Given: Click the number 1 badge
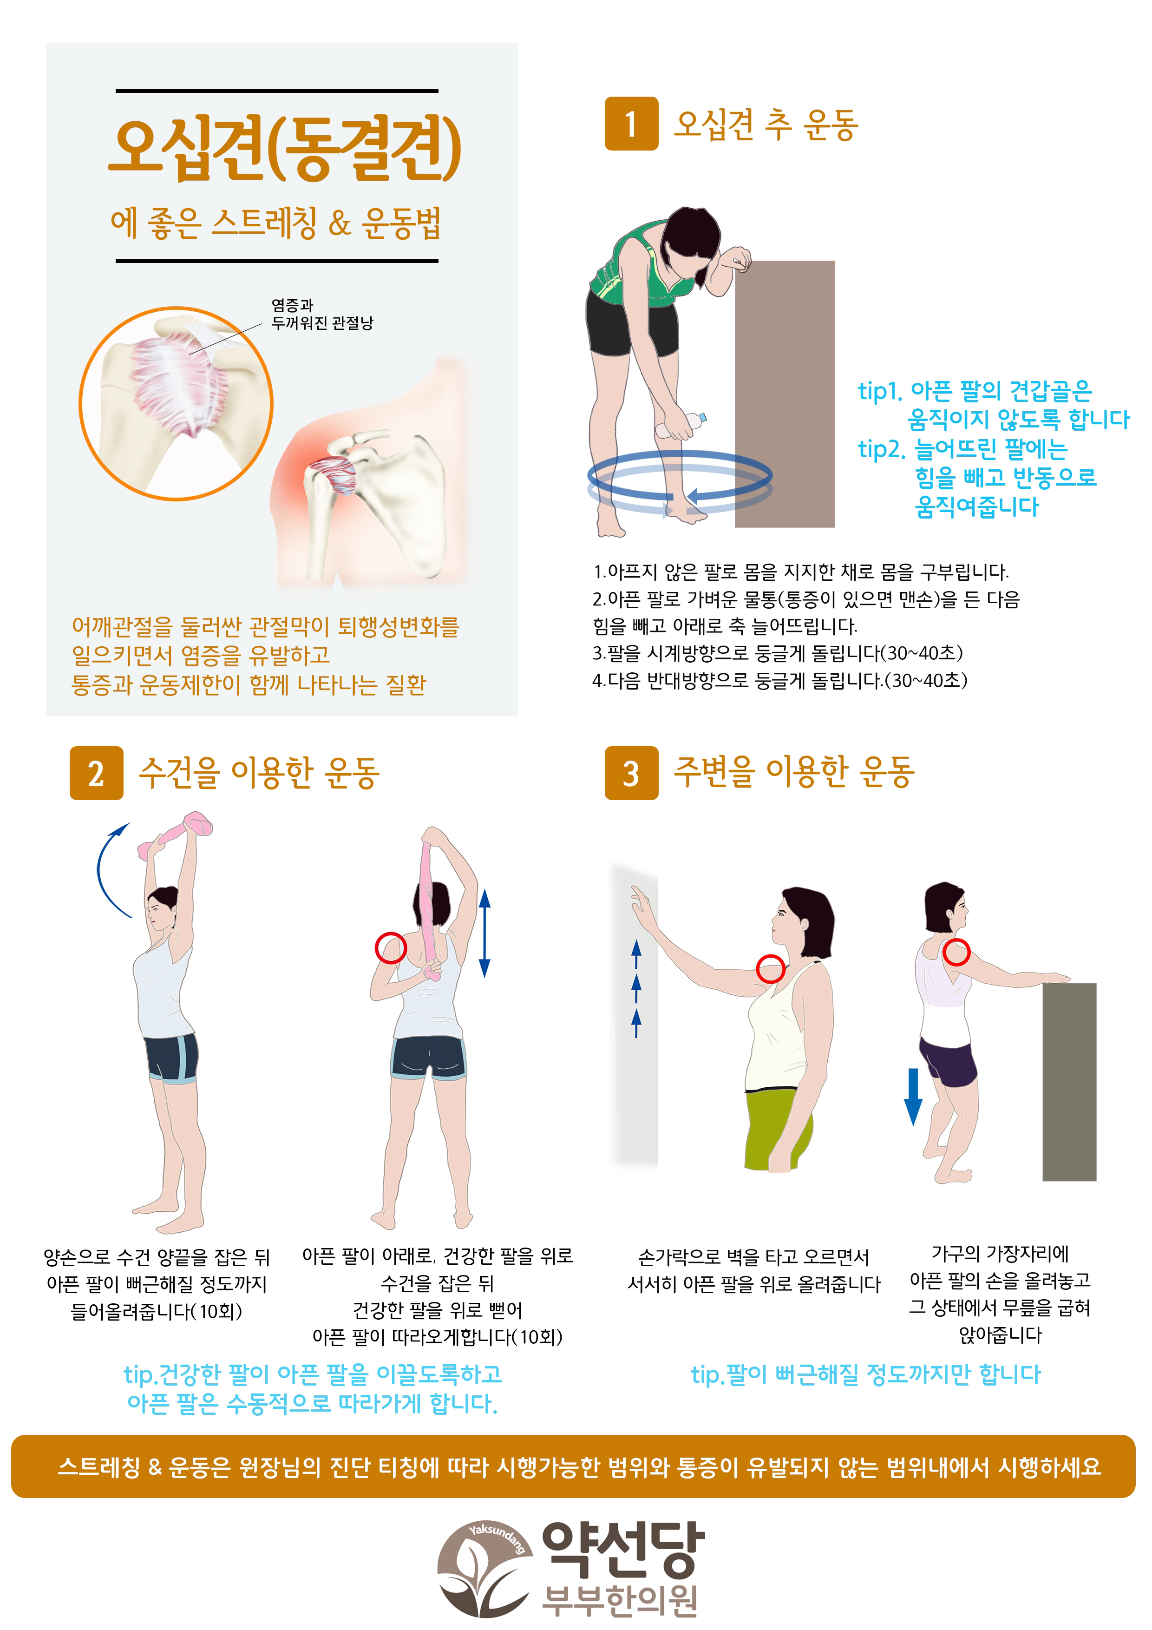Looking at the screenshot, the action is pyautogui.click(x=631, y=124).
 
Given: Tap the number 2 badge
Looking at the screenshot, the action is pyautogui.click(x=97, y=773).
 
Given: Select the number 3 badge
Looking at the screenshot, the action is pyautogui.click(x=631, y=773).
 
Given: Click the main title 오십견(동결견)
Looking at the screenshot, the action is pyautogui.click(x=285, y=148).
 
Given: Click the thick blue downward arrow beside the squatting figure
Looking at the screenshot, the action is pyautogui.click(x=913, y=1096).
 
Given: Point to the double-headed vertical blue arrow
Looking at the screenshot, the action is pyautogui.click(x=485, y=933).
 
